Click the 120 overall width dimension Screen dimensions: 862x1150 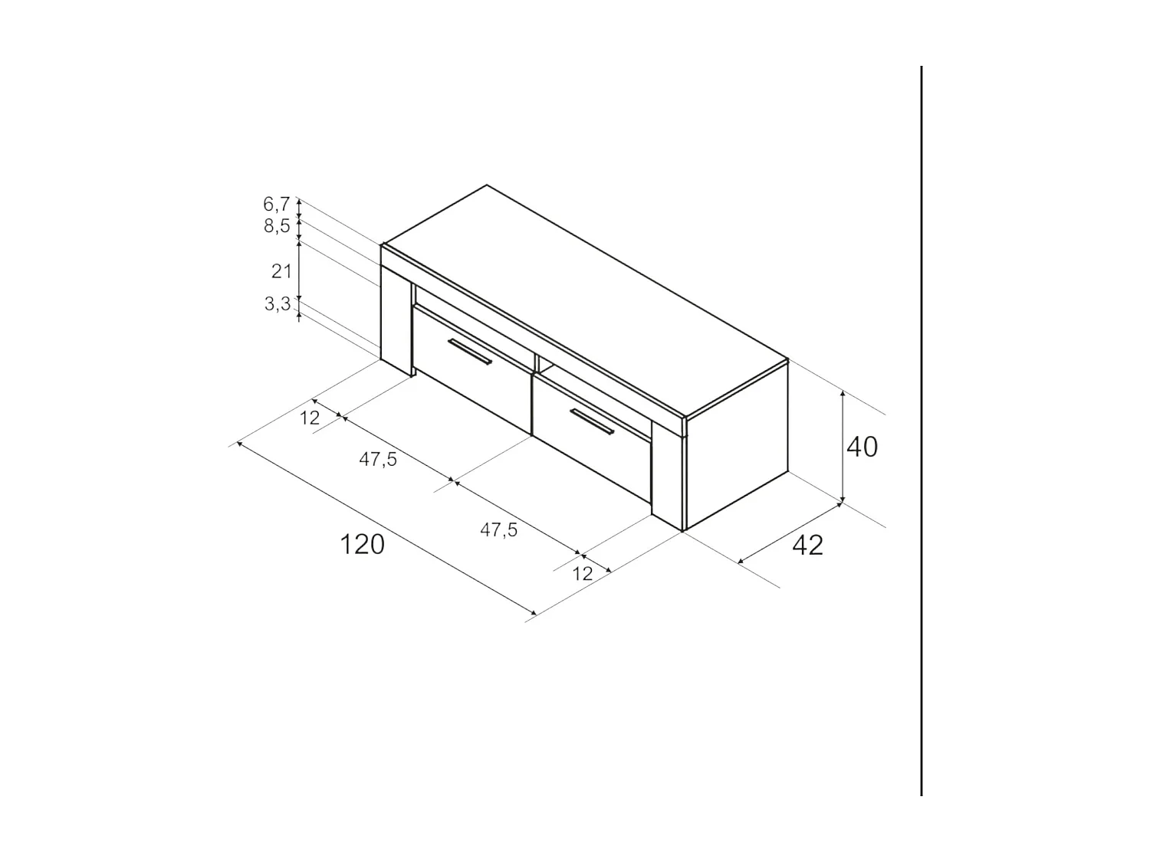click(362, 544)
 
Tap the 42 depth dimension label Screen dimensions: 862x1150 click(807, 545)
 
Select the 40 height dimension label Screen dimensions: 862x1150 click(862, 447)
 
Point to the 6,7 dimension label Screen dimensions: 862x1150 click(276, 204)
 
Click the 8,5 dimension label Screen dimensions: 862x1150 click(276, 226)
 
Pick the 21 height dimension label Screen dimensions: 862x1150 click(281, 270)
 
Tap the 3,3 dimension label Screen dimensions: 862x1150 click(277, 304)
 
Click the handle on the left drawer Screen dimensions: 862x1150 click(470, 352)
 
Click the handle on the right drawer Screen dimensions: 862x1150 click(592, 422)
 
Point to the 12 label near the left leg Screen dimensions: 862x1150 click(310, 418)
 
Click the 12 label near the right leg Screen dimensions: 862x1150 click(583, 573)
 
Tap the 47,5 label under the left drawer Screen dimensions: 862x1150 click(378, 460)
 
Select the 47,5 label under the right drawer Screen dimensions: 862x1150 click(499, 529)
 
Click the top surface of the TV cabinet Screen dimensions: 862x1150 click(583, 299)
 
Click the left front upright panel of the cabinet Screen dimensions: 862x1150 click(396, 322)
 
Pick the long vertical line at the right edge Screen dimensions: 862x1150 click(921, 429)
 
